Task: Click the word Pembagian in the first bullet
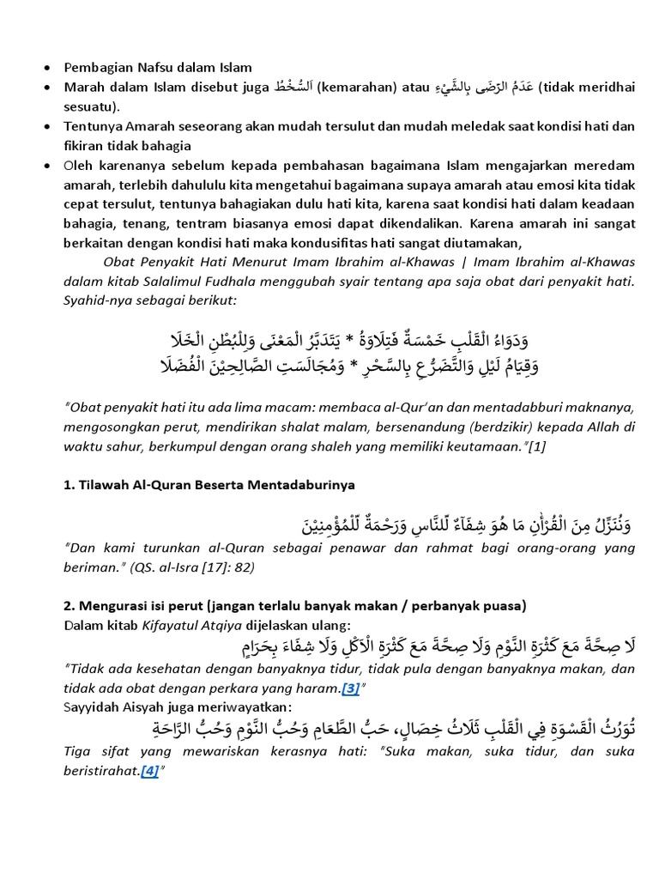(x=96, y=67)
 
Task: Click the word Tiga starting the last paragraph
(x=78, y=752)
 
